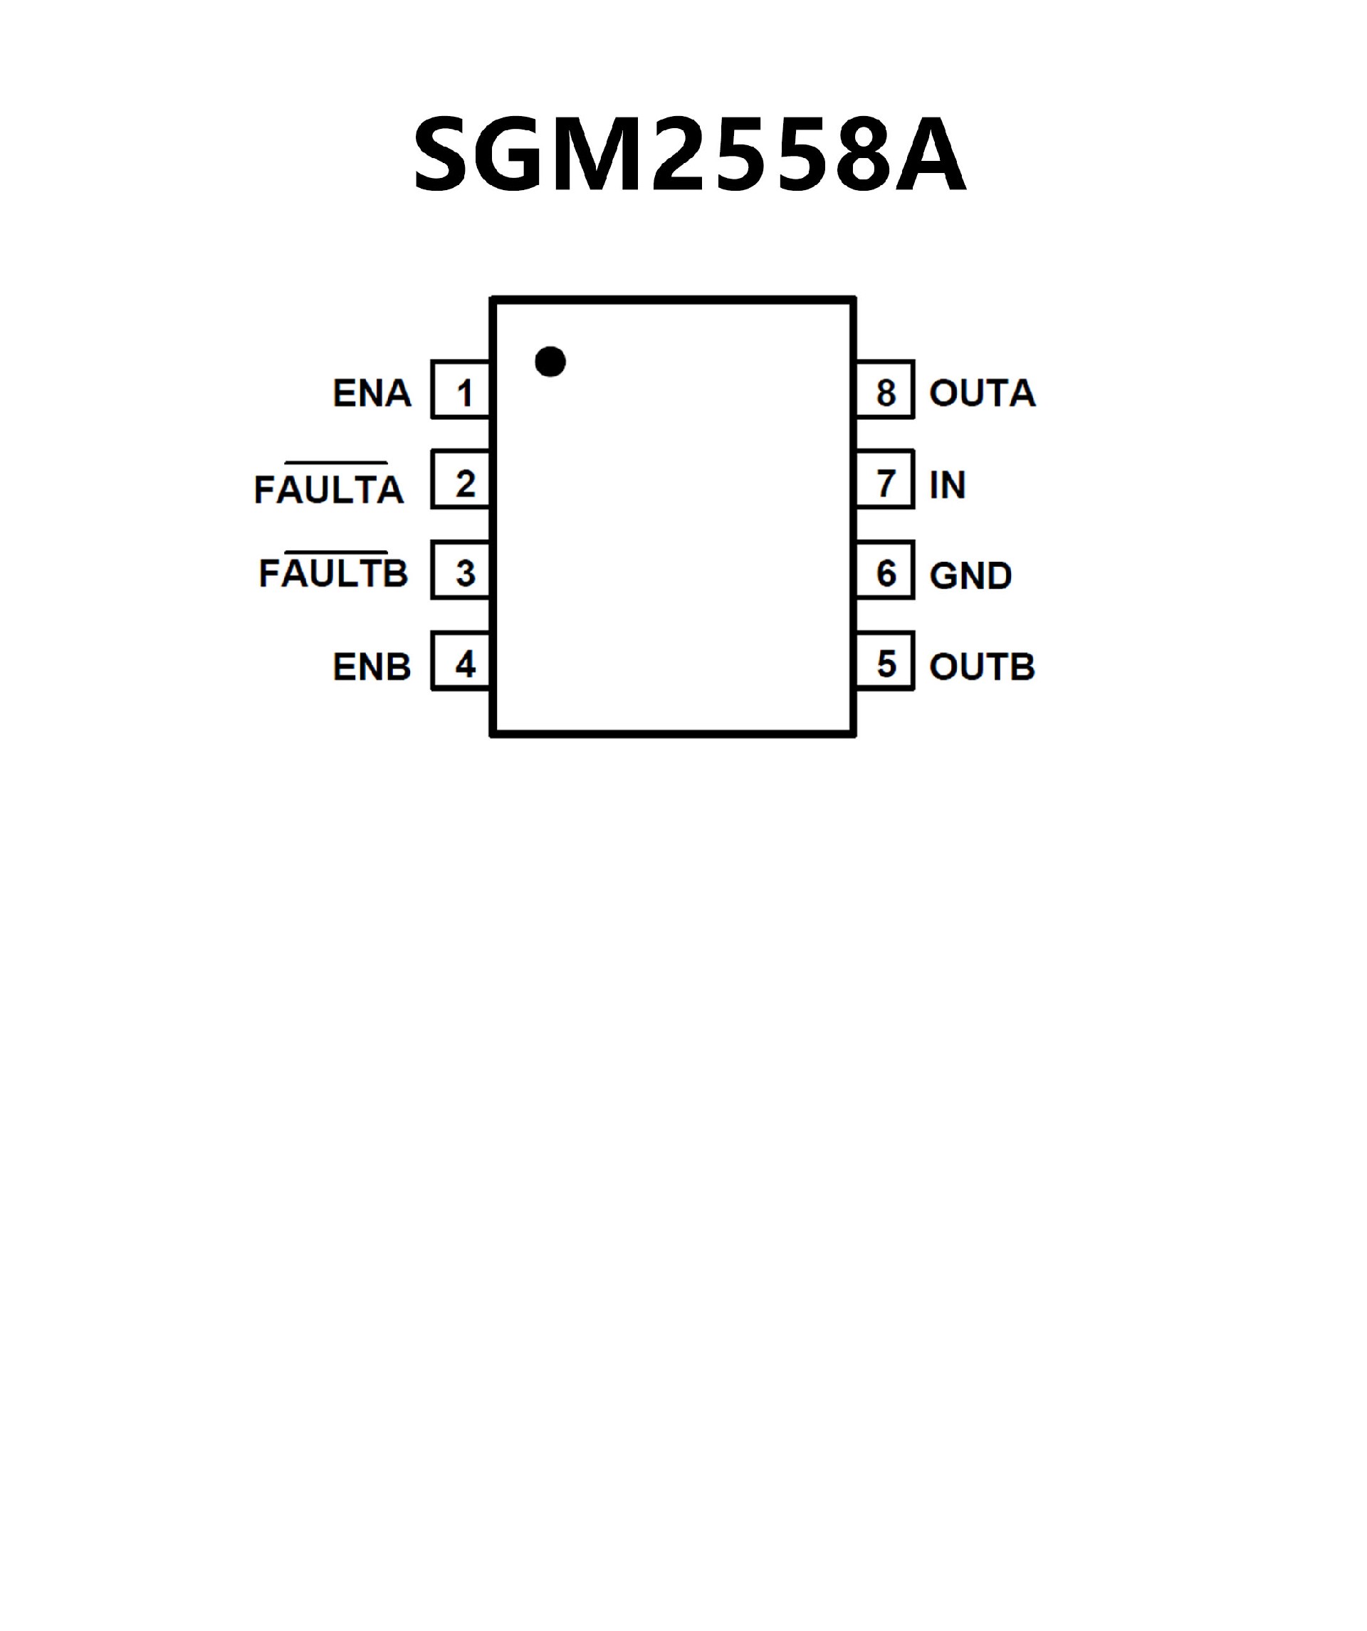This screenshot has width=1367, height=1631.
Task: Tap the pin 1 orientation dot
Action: pyautogui.click(x=550, y=361)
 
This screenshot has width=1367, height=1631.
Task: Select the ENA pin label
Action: pyautogui.click(x=372, y=393)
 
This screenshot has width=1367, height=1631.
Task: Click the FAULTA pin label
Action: pyautogui.click(x=328, y=490)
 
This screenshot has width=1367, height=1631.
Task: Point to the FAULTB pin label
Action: pyautogui.click(x=333, y=574)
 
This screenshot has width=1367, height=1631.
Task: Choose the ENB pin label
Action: pyautogui.click(x=372, y=666)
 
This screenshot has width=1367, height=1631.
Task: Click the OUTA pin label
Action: pyautogui.click(x=982, y=393)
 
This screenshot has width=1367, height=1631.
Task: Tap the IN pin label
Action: pyautogui.click(x=947, y=486)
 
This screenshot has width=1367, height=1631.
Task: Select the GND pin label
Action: pyautogui.click(x=970, y=575)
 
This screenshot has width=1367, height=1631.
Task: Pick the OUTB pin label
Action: pyautogui.click(x=982, y=666)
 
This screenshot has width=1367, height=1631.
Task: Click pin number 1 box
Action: pyautogui.click(x=461, y=391)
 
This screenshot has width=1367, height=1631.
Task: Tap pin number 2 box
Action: pyautogui.click(x=461, y=481)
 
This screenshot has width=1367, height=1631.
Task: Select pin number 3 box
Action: pyautogui.click(x=461, y=571)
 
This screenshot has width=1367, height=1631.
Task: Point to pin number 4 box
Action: pyautogui.click(x=461, y=661)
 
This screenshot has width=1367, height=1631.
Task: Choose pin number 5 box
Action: pyautogui.click(x=886, y=661)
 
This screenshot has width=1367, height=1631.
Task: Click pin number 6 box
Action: pyautogui.click(x=886, y=571)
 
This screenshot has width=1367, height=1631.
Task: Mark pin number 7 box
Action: pyautogui.click(x=886, y=481)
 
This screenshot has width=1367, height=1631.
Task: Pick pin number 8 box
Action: pyautogui.click(x=886, y=391)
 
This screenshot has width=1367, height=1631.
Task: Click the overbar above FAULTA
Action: pyautogui.click(x=335, y=463)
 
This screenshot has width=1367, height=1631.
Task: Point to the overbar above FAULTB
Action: pyautogui.click(x=335, y=552)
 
